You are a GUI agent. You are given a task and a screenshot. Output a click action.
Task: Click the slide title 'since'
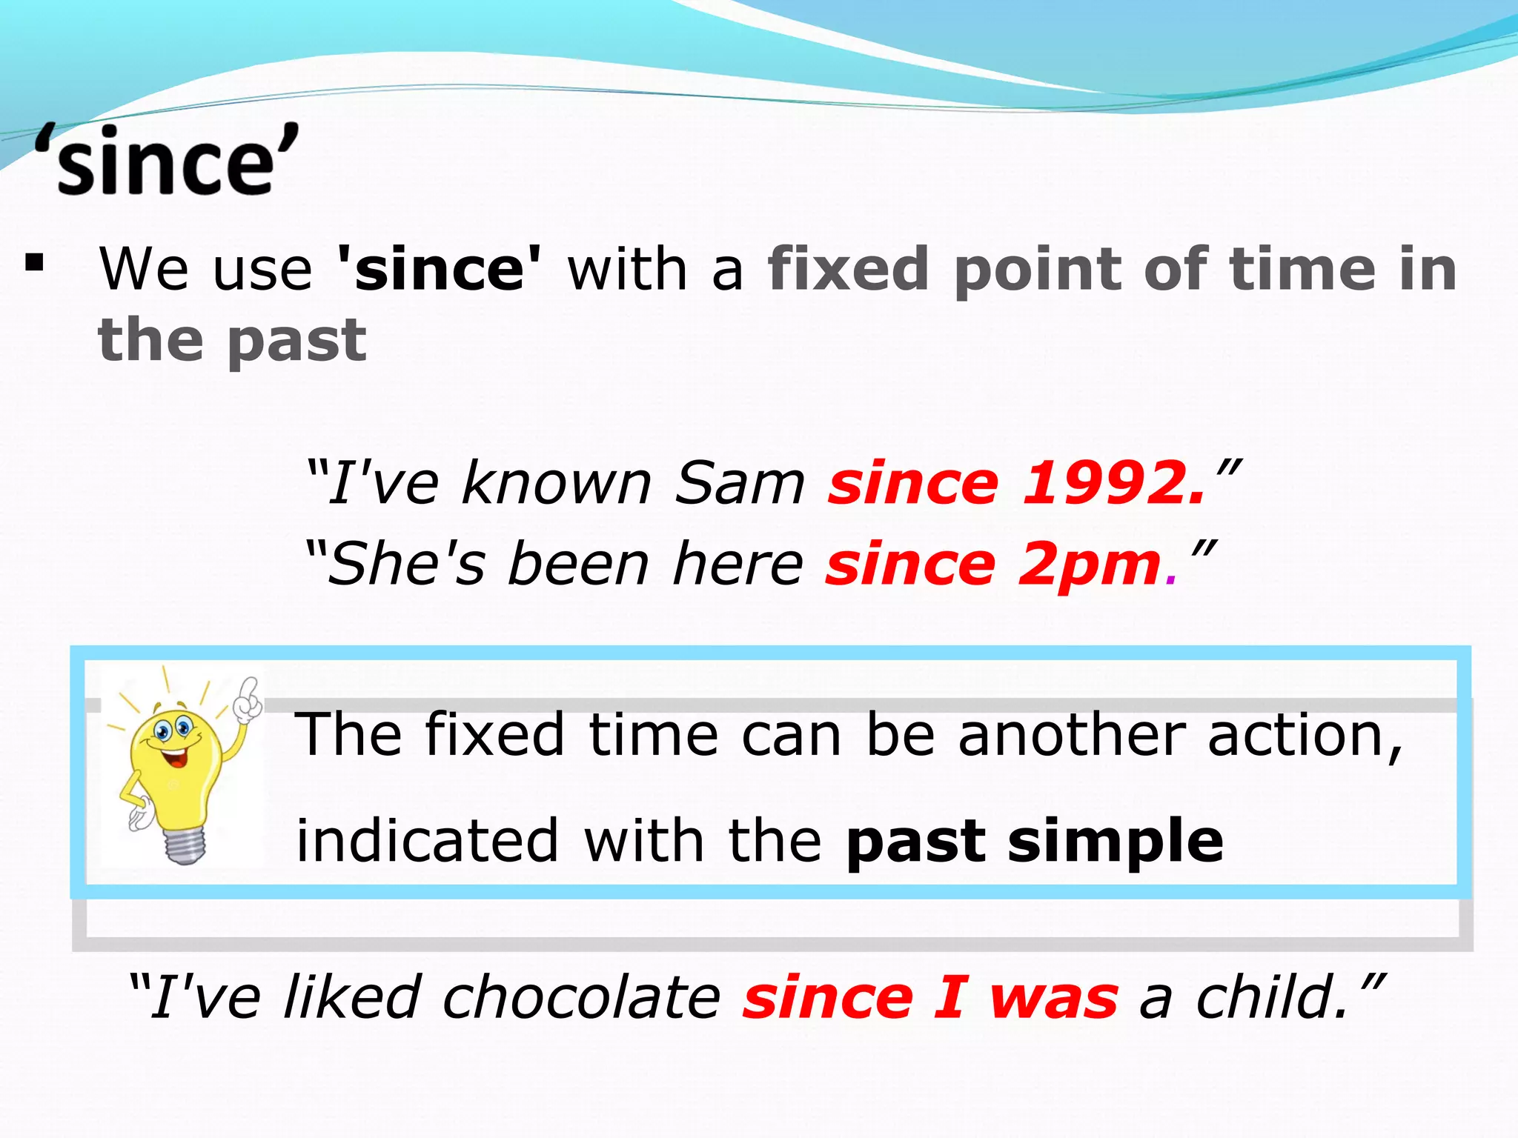tap(167, 162)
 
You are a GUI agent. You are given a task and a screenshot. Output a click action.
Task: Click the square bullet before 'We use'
tap(34, 263)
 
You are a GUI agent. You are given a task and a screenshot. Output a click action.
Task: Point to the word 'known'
tap(556, 483)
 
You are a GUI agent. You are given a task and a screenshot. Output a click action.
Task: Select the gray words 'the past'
tap(232, 340)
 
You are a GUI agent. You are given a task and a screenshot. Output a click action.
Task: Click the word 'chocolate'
tap(581, 997)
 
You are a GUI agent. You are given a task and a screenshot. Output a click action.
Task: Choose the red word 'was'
tap(1053, 999)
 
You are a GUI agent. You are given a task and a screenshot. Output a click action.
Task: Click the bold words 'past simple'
tap(1035, 842)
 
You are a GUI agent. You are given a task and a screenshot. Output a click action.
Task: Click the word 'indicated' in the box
tap(427, 842)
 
